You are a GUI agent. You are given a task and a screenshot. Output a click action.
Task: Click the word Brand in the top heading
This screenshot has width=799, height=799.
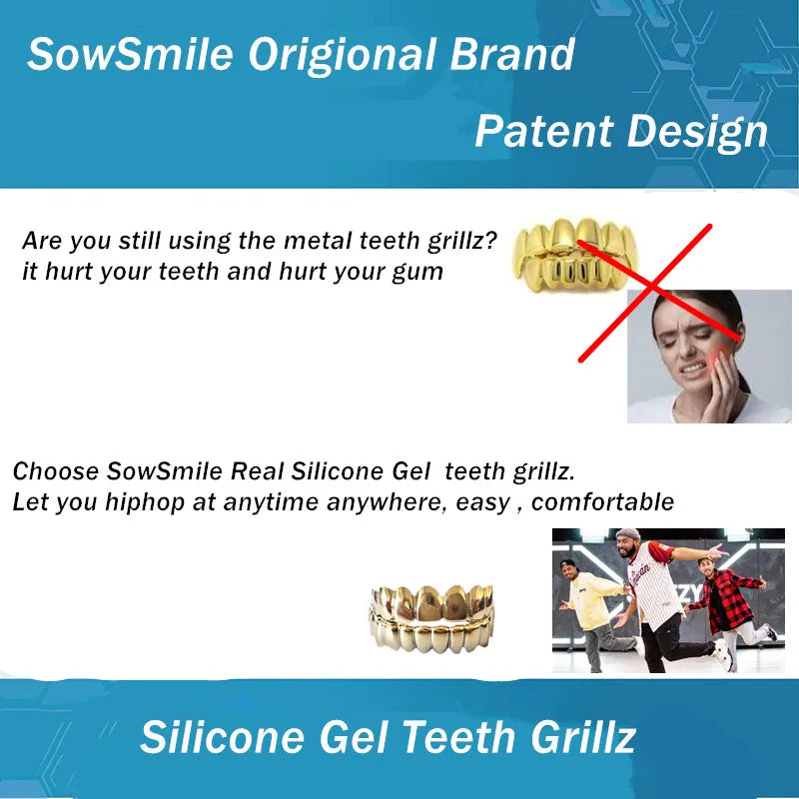[x=513, y=54]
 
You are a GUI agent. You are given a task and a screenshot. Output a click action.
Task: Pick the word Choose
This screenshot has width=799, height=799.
[x=56, y=470]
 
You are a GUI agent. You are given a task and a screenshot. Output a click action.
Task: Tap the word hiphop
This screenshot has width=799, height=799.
[x=145, y=502]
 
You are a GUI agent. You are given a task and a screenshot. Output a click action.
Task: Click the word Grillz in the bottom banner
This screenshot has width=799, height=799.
[x=579, y=738]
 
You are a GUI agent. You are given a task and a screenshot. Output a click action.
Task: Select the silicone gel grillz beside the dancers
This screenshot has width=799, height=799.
[x=433, y=619]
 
